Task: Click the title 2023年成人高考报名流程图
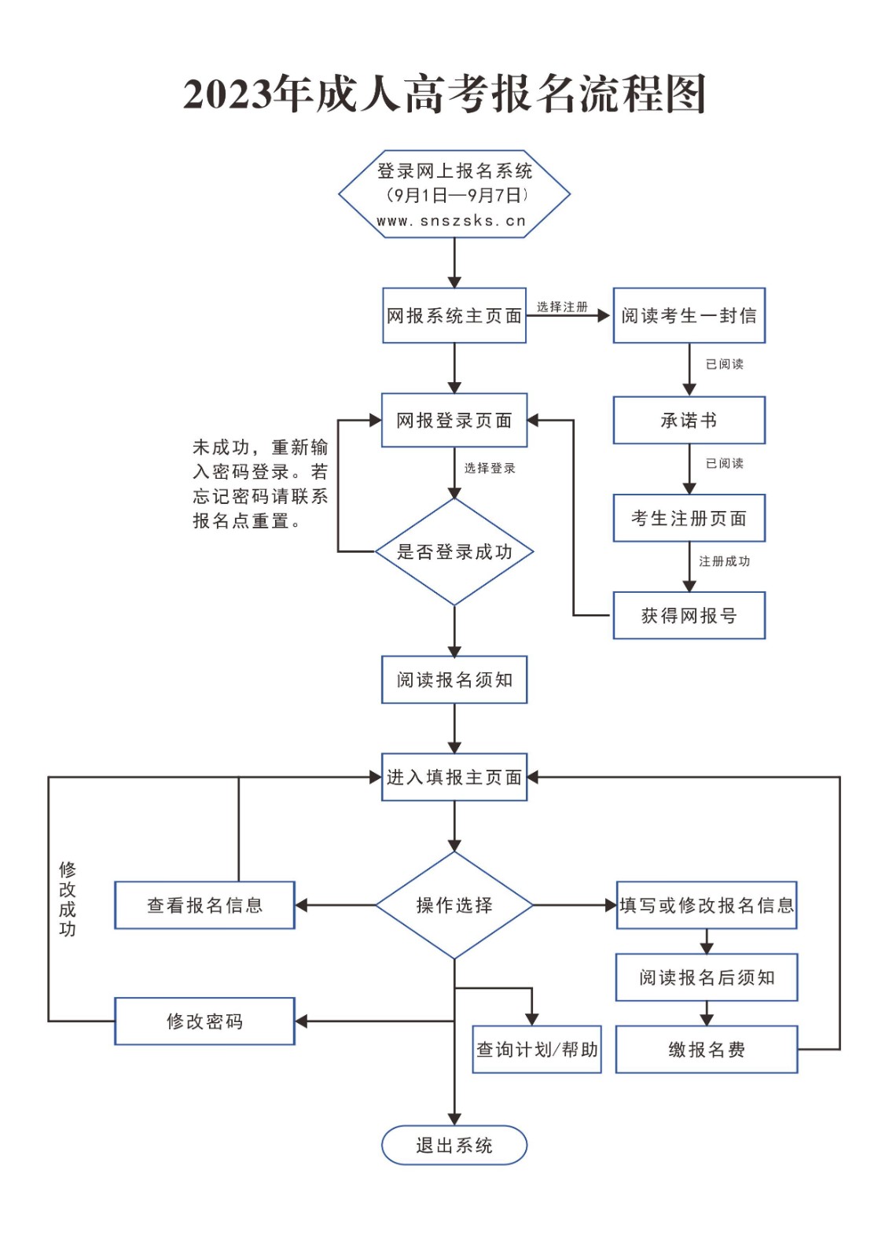pos(444,94)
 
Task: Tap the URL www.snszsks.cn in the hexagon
pos(451,221)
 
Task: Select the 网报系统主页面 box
pos(454,315)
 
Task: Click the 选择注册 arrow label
pos(562,307)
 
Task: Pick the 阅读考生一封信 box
pos(689,315)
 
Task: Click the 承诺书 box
pos(689,420)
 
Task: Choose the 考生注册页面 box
pos(689,518)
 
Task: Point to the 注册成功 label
pos(724,561)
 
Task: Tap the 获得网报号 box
pos(689,616)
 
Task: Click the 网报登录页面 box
pos(454,420)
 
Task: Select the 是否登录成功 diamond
pos(454,552)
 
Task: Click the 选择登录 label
pos(489,469)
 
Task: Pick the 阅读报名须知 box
pos(454,680)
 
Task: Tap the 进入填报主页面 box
pos(454,778)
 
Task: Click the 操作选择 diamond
pos(454,905)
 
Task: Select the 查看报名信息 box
pos(204,905)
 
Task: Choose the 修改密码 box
pos(204,1021)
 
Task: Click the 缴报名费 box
pos(706,1050)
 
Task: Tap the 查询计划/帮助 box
pos(536,1050)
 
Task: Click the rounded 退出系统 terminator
pos(454,1146)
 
